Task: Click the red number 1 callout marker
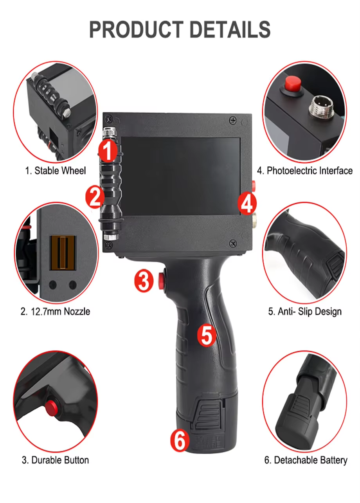108,150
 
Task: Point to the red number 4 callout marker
247,204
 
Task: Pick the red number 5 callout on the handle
207,336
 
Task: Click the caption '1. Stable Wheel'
56,171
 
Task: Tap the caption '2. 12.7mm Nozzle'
55,312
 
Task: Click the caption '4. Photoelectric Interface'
305,171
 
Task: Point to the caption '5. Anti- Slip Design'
305,312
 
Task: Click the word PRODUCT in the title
136,29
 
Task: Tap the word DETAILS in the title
230,29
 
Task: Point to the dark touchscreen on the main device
180,176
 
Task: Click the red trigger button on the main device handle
161,281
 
